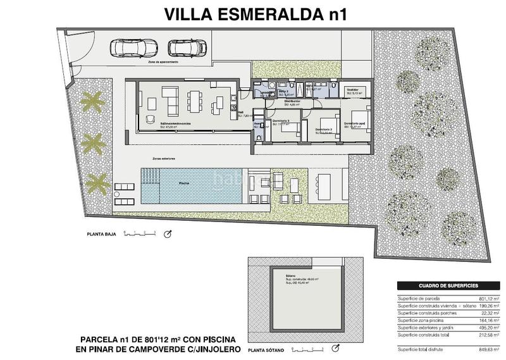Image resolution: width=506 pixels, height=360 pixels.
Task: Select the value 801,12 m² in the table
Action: click(491, 297)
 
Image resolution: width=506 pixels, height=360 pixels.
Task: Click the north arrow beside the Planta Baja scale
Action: click(168, 235)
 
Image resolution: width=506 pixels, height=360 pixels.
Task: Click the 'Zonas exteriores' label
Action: click(163, 158)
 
